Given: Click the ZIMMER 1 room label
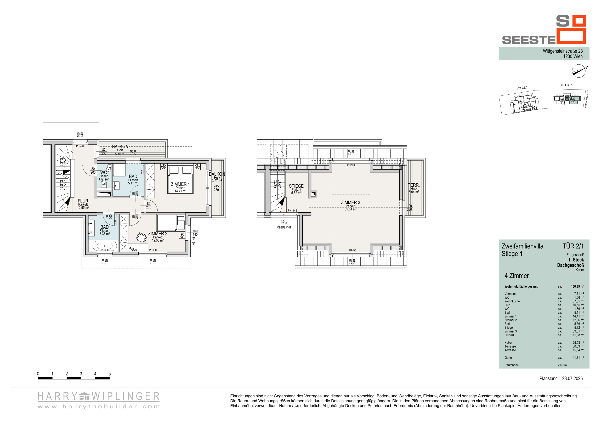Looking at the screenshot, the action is pos(180,184).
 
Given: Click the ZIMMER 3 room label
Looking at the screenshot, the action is pos(350,202).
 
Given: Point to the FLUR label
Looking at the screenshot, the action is pos(83,201).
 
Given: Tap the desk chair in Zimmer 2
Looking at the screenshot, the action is pos(141,237).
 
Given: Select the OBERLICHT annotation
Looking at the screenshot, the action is pos(284,227).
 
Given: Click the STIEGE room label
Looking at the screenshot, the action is pos(296,186).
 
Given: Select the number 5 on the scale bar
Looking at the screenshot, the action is pos(109,374).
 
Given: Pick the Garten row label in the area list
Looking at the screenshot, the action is pos(509,358).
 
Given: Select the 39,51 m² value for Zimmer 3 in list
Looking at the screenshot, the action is pos(578,331).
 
